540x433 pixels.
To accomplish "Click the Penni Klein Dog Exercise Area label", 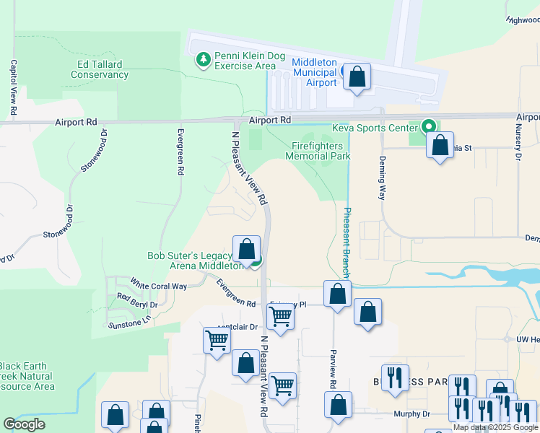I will click(x=245, y=60).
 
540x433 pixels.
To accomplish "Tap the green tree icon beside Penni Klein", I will click(x=204, y=58).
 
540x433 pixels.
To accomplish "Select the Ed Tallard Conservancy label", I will click(x=100, y=69).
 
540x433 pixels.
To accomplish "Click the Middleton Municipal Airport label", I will click(x=314, y=72).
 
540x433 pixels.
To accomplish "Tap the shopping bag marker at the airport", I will click(x=357, y=77).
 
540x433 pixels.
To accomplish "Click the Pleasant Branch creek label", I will click(x=347, y=243).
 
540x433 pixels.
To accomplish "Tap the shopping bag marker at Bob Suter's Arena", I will click(x=246, y=249).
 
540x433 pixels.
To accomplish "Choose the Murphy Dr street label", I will click(x=411, y=414).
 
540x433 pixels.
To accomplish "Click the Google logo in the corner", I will click(x=24, y=424).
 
